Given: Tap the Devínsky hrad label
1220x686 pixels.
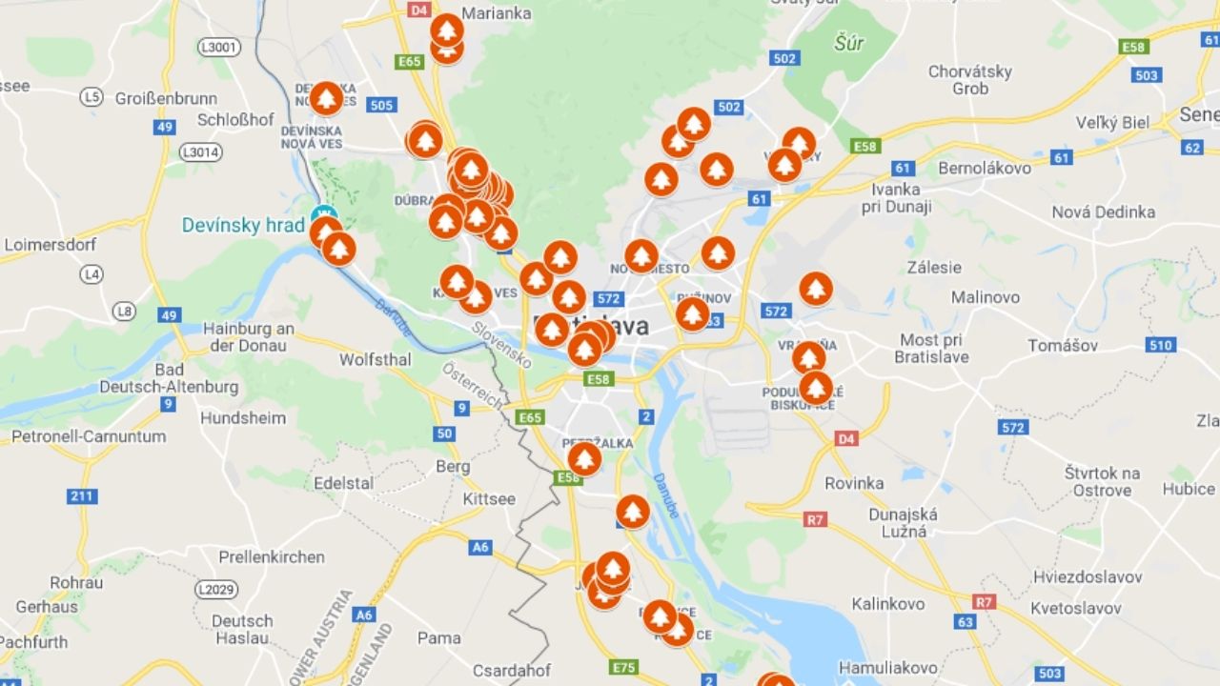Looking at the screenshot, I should click(243, 226).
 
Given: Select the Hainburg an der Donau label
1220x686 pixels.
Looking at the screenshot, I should click(249, 337).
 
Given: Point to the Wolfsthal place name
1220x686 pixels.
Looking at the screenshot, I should click(376, 360).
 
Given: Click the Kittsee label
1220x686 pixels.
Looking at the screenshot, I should click(489, 499).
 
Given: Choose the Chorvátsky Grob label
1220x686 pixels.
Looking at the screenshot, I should click(970, 80).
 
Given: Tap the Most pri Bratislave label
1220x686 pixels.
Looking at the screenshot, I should click(932, 349).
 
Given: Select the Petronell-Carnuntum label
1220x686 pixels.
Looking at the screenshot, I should click(88, 436).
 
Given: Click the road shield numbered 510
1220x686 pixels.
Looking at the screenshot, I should click(1160, 345).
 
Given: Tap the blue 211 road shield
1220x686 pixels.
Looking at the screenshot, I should click(83, 496).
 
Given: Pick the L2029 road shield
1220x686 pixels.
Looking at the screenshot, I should click(215, 590).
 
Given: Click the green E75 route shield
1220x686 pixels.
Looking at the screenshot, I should click(624, 667).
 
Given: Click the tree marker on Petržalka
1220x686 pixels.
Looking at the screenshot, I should click(584, 458).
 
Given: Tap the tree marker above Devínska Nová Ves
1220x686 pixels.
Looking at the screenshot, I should click(326, 97).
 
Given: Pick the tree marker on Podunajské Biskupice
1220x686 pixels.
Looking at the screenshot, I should click(815, 388).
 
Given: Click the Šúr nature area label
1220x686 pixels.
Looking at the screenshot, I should click(848, 43).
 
